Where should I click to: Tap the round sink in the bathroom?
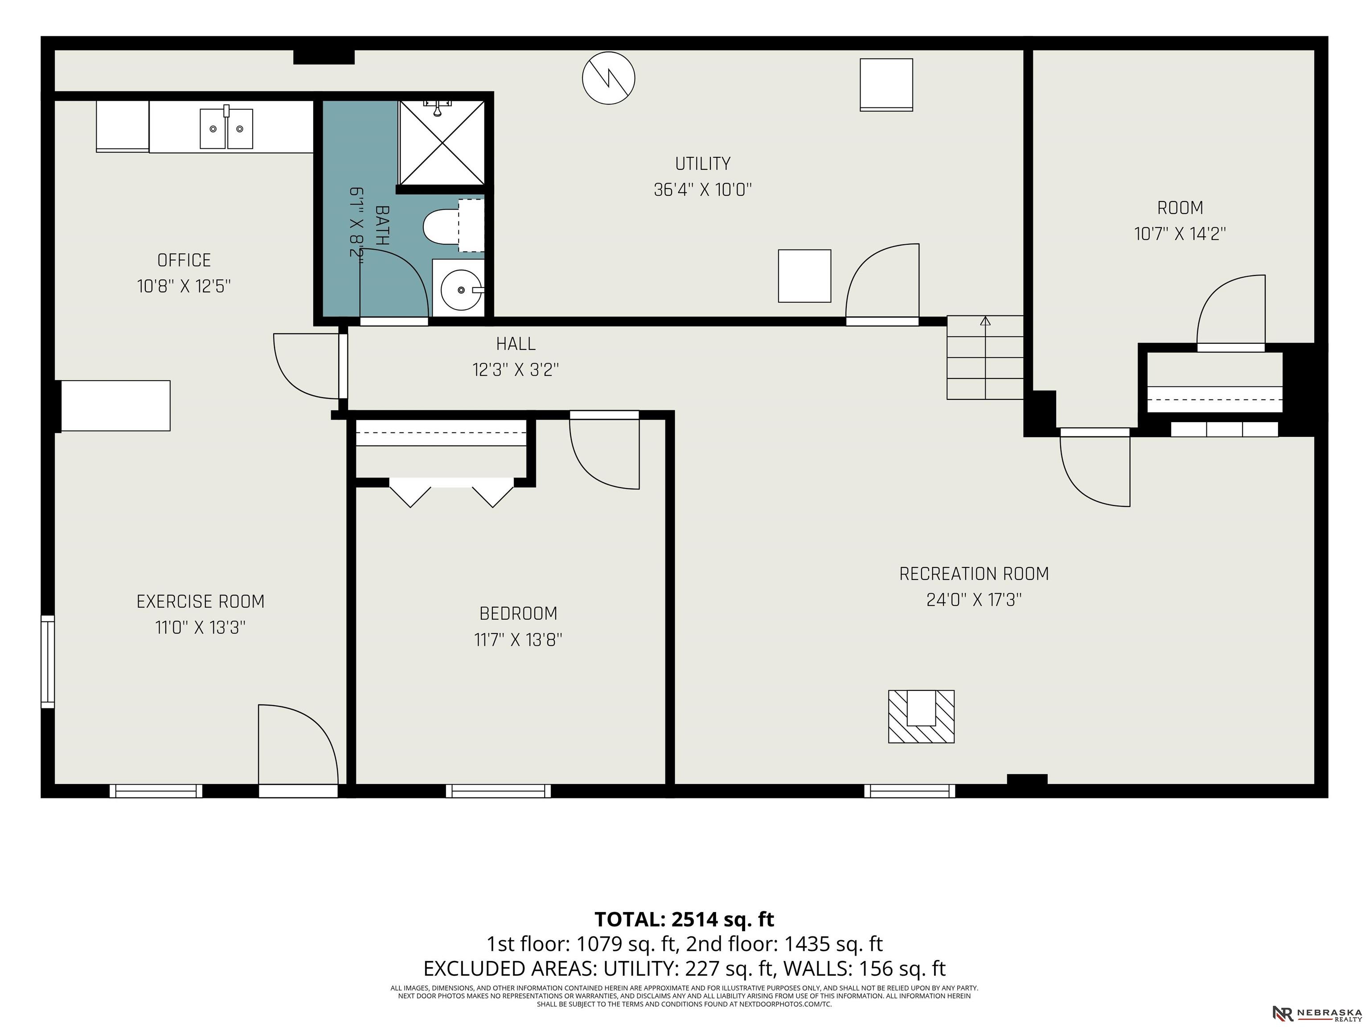pyautogui.click(x=461, y=289)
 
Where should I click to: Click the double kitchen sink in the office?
pyautogui.click(x=226, y=128)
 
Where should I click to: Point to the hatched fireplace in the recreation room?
pyautogui.click(x=921, y=716)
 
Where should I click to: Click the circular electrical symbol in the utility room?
pyautogui.click(x=608, y=78)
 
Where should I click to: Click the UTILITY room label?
pyautogui.click(x=702, y=164)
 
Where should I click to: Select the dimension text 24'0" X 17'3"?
pyautogui.click(x=974, y=600)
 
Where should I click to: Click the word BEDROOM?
pyautogui.click(x=518, y=613)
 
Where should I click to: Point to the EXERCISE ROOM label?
pyautogui.click(x=201, y=602)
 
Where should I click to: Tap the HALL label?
pyautogui.click(x=516, y=344)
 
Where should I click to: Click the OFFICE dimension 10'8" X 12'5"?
pyautogui.click(x=184, y=286)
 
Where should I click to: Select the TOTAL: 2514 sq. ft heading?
pyautogui.click(x=684, y=919)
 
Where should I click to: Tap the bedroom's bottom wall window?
pyautogui.click(x=498, y=790)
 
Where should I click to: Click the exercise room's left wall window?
pyautogui.click(x=48, y=661)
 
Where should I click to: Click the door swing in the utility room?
pyautogui.click(x=882, y=281)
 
